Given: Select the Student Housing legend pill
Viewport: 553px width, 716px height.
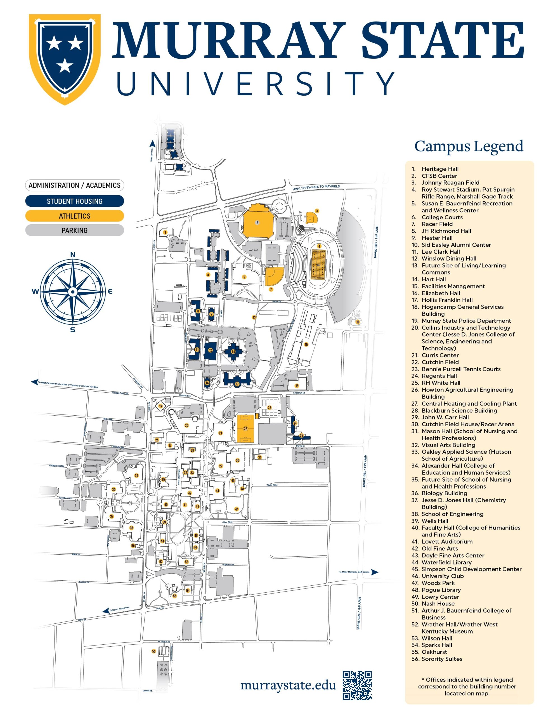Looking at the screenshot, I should [x=74, y=201].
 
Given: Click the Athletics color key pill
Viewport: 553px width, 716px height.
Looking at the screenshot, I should [x=74, y=216].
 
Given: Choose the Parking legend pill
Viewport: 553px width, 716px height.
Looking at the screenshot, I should [x=74, y=230].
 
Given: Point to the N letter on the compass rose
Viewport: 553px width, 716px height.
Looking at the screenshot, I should [x=73, y=255].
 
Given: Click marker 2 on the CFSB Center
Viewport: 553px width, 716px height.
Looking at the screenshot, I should [x=257, y=223].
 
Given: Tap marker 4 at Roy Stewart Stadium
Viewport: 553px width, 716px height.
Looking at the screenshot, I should [x=319, y=246].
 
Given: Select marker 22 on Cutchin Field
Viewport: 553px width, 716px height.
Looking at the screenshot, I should [x=245, y=429].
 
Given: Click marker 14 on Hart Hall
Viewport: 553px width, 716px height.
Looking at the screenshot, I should [x=233, y=352].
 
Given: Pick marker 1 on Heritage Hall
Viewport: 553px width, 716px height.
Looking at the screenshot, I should [x=165, y=232].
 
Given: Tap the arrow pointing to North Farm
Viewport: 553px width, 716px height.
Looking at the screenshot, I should [x=152, y=143].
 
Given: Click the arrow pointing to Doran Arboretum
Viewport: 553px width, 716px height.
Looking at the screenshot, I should [x=106, y=611].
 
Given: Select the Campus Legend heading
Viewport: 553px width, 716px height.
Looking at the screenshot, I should [x=469, y=146].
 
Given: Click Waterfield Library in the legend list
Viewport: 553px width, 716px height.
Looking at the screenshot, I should [x=446, y=562].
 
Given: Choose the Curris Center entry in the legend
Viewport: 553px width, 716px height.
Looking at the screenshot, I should [x=440, y=355].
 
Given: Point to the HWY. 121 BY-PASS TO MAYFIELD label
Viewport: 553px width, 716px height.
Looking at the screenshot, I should [x=316, y=188].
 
